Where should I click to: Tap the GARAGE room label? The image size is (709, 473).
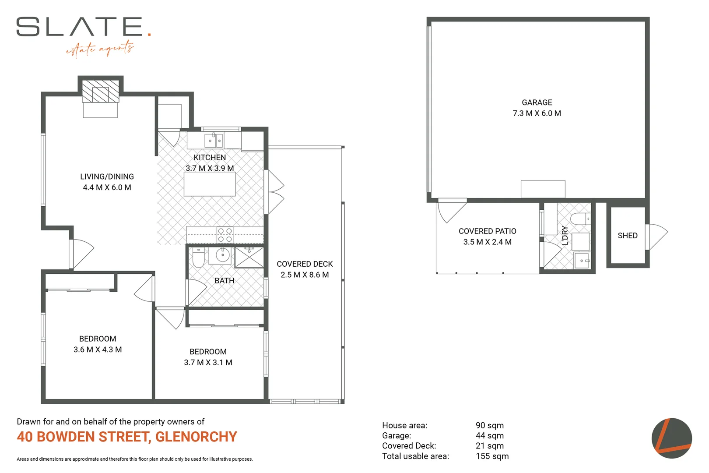(537, 102)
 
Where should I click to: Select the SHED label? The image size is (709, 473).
(627, 236)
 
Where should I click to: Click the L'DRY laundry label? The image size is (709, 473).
(565, 236)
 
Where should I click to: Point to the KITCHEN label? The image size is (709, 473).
(210, 158)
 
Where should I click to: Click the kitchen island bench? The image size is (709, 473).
(210, 184)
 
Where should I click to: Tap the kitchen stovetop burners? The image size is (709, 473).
(225, 235)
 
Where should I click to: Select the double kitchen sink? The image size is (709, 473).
(214, 141)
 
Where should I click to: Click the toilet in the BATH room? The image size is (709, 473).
(198, 258)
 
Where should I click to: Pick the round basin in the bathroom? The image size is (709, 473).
(223, 255)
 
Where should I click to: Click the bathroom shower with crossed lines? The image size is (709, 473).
(249, 258)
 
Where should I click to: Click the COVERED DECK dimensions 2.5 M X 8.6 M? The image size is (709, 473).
(305, 275)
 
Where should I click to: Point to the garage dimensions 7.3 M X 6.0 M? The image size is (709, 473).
(537, 113)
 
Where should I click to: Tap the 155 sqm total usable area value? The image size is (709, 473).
(492, 456)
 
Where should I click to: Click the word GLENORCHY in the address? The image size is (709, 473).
(196, 437)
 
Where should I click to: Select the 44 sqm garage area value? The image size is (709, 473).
(489, 436)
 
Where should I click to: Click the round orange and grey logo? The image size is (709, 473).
(671, 438)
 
